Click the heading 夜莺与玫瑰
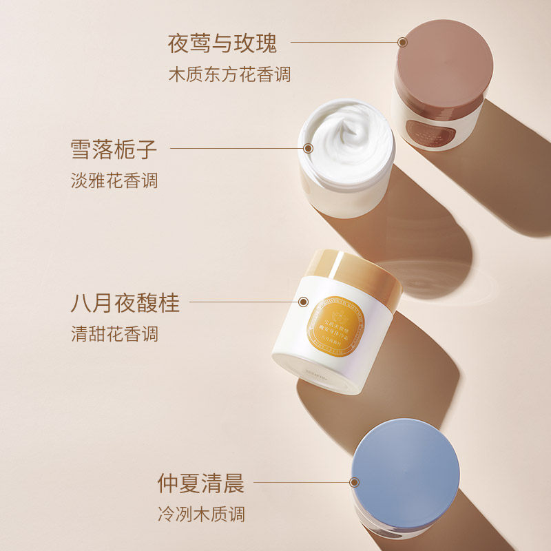click(222, 43)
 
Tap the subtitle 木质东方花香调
click(229, 74)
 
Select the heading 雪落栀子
click(114, 149)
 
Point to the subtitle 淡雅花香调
click(114, 180)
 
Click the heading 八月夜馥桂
click(125, 302)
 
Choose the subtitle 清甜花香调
click(114, 334)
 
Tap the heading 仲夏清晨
click(200, 483)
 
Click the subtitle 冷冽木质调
click(200, 514)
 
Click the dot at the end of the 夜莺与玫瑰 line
click(403, 42)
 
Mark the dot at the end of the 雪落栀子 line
click(308, 147)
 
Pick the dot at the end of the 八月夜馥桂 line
click(303, 301)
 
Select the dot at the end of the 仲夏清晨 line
click(355, 482)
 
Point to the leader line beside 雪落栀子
click(234, 147)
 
